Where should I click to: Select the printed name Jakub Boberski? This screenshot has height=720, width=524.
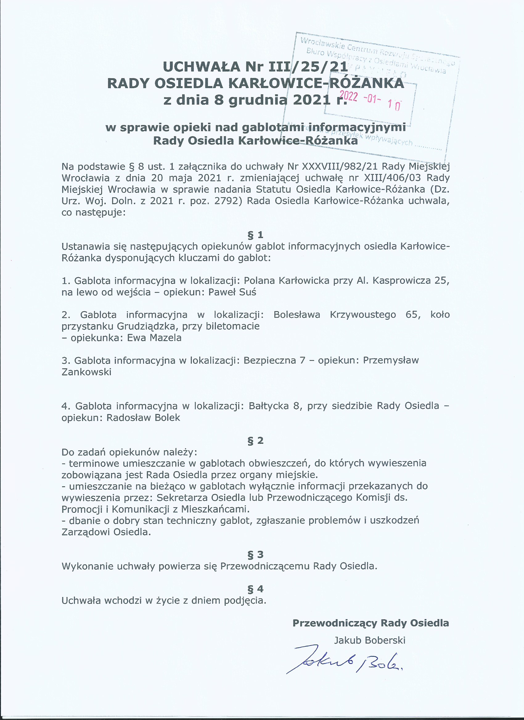click(370, 640)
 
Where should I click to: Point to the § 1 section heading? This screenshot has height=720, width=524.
click(256, 235)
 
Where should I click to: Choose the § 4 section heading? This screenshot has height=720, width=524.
click(256, 589)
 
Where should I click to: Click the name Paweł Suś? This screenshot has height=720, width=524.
click(232, 292)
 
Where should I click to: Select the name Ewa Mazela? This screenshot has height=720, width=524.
click(154, 338)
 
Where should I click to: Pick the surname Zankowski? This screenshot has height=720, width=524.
click(86, 372)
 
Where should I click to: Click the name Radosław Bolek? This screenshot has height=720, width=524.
click(143, 418)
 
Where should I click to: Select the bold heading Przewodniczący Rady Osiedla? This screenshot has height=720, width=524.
click(370, 623)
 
